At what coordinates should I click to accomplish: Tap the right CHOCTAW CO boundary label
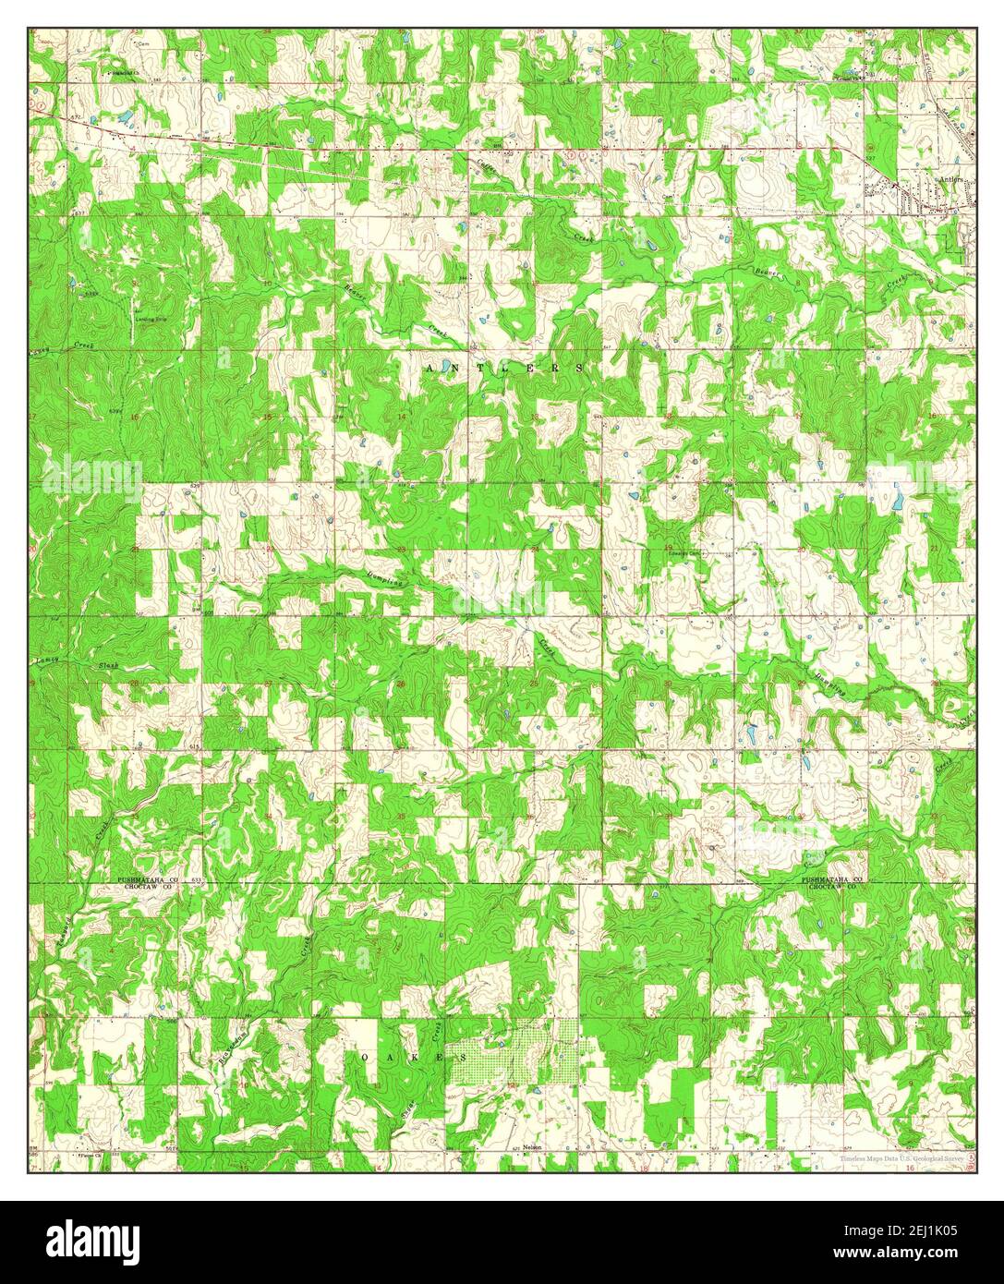point(833,886)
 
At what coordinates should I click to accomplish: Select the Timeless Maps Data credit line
point(900,1157)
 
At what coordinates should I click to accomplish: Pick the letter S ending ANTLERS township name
point(579,368)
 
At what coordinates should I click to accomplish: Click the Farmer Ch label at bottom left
point(92,1154)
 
